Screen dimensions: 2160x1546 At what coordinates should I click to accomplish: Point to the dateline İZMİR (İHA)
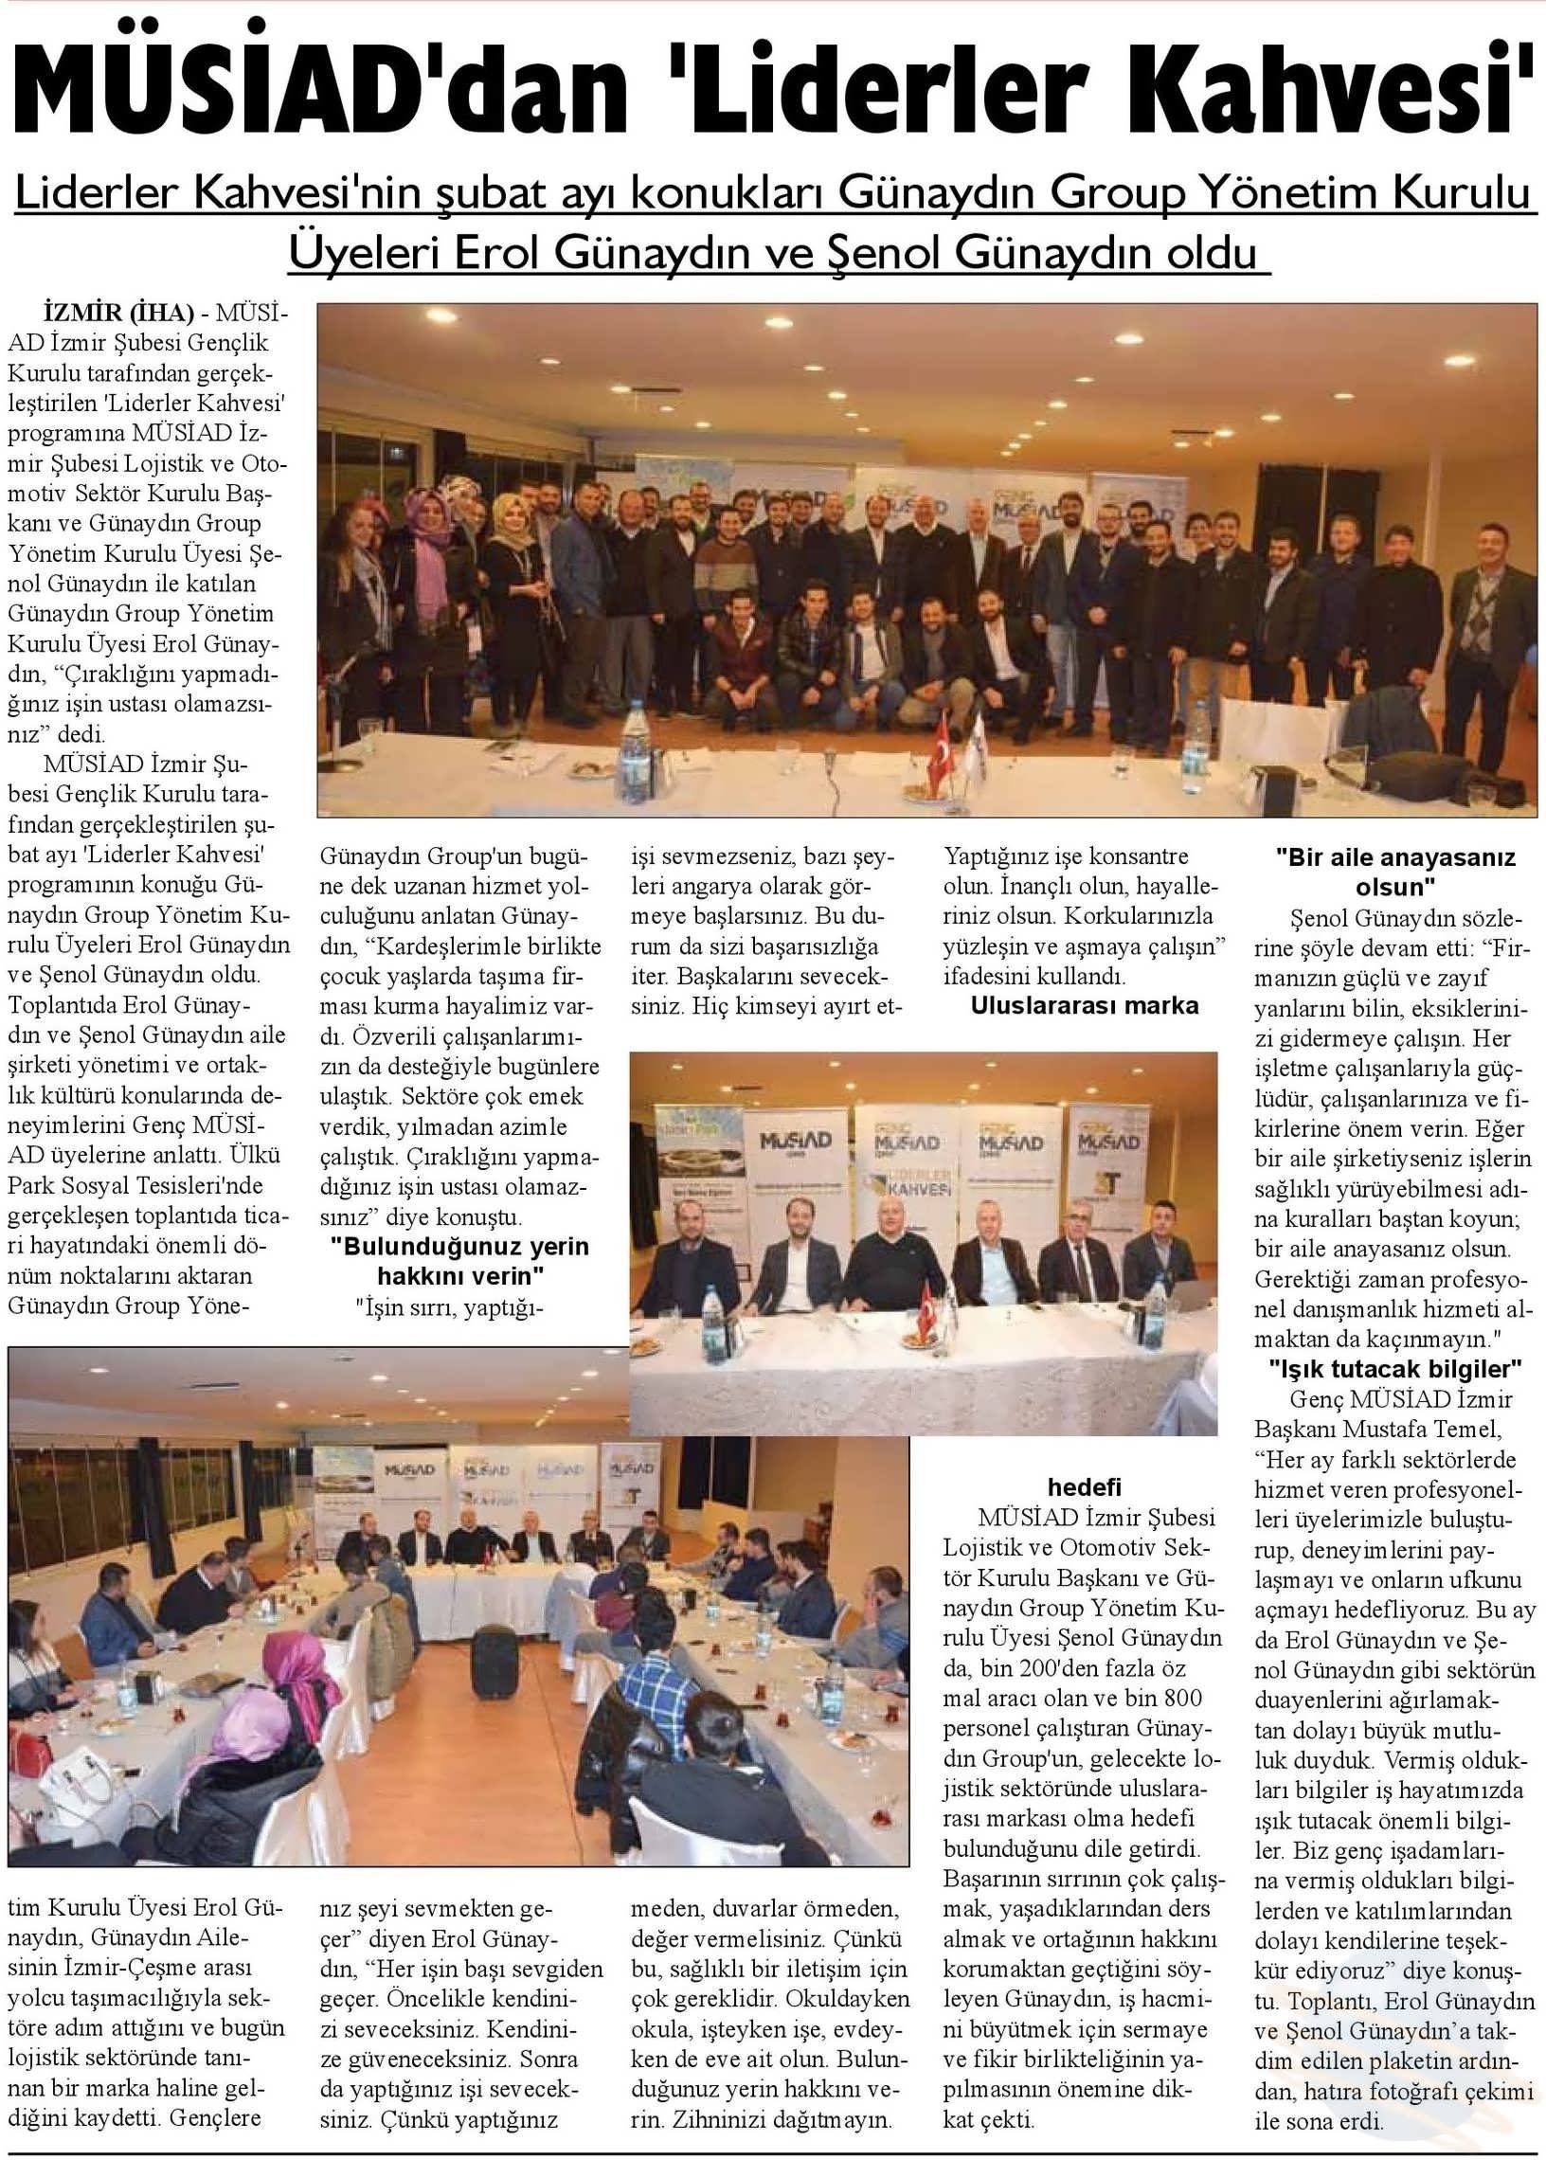(x=119, y=313)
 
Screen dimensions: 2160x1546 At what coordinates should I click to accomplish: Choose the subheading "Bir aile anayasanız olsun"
(x=1394, y=872)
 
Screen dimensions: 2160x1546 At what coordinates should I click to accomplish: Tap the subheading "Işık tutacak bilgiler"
(x=1395, y=1370)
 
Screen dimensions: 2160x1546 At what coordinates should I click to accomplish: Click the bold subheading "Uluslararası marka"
(x=1085, y=1006)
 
